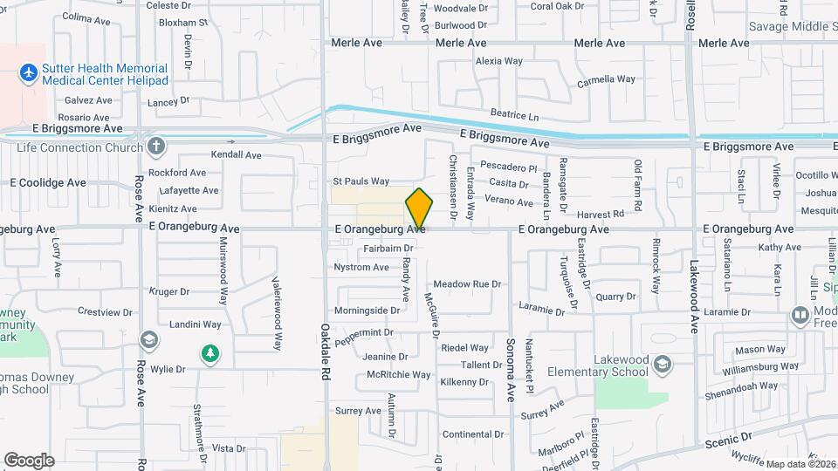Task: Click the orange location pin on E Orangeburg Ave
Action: pos(419,208)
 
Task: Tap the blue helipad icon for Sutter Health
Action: pos(28,70)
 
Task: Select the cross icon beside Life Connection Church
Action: pos(156,146)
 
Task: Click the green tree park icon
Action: pos(209,353)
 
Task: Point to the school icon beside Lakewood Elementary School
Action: pos(663,362)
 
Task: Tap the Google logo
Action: pos(29,461)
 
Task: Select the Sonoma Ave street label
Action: pos(512,357)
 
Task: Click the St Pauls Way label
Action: pos(361,181)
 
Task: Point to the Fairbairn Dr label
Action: pos(388,248)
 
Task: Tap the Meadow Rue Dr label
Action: pos(468,284)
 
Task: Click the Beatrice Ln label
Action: pos(515,115)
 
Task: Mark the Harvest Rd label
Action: pos(601,214)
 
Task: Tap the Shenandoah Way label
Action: pos(743,386)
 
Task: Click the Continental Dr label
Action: pos(474,433)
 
